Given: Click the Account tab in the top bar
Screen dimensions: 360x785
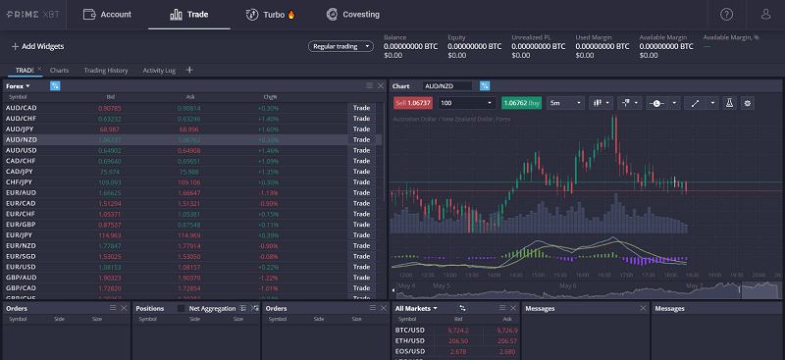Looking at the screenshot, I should tap(107, 15).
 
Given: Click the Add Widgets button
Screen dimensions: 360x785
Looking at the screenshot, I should tap(37, 46).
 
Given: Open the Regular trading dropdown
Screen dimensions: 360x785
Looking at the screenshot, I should tap(340, 45).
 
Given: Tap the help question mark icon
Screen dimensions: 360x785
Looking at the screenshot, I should tap(726, 15).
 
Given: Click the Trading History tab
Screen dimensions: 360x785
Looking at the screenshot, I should tap(106, 71).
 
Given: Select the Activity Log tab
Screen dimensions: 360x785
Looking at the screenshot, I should tap(159, 71).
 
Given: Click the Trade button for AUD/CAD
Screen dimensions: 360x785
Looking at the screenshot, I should tap(361, 107).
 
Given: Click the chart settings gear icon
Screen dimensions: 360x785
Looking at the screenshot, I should tap(747, 102).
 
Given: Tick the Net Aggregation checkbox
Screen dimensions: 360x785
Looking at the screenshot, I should tap(181, 308).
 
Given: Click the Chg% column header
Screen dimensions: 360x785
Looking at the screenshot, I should tap(270, 97).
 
